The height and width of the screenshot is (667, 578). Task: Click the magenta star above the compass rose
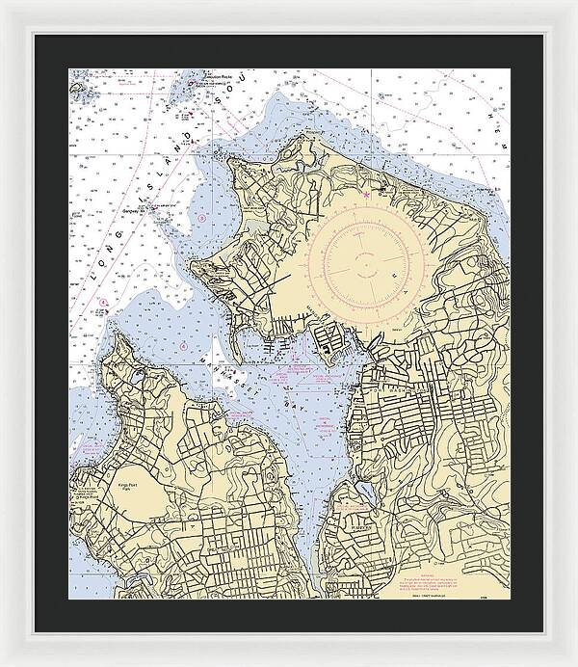tap(366, 196)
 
